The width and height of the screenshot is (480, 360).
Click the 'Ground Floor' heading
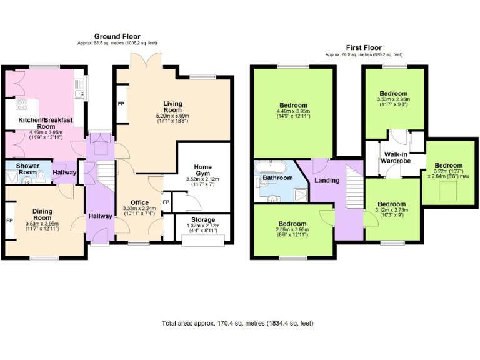tap(117, 36)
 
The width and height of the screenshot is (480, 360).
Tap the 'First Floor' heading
tap(364, 47)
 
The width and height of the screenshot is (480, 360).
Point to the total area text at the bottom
tap(237, 324)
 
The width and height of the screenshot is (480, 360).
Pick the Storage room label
tap(203, 220)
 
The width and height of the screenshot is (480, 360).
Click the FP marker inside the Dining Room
tap(9, 221)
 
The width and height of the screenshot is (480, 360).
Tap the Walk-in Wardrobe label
tap(401, 157)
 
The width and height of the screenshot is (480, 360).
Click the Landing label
tap(327, 180)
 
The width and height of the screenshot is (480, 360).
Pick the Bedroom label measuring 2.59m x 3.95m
tap(292, 224)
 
